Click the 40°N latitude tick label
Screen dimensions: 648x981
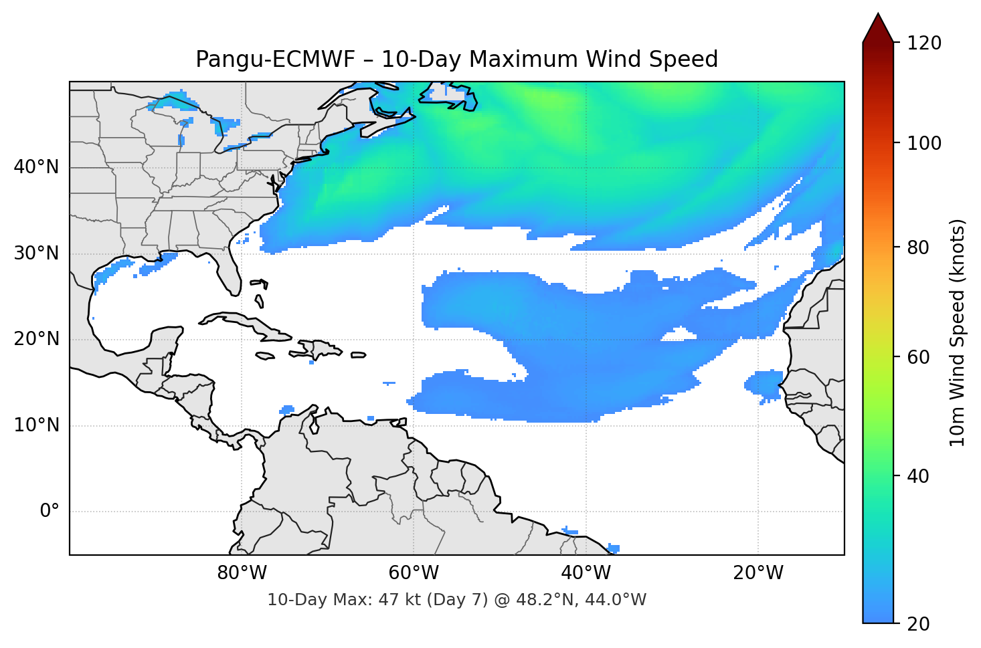point(36,167)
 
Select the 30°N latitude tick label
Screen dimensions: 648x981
point(36,253)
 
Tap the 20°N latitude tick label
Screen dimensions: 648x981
point(36,339)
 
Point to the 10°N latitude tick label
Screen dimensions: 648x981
point(36,425)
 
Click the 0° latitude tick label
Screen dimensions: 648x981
point(50,512)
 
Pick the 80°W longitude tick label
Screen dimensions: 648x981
point(242,573)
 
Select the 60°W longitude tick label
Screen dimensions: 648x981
point(414,573)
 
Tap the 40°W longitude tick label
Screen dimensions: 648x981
point(586,573)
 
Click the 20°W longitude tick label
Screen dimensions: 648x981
point(758,573)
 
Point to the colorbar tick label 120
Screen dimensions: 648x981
point(924,43)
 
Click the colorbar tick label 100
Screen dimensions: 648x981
point(924,143)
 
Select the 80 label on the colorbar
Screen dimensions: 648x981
point(918,247)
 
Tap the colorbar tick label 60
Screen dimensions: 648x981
point(918,357)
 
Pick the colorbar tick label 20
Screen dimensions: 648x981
point(918,624)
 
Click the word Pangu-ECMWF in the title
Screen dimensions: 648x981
point(276,60)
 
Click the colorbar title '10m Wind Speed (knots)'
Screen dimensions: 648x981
point(958,332)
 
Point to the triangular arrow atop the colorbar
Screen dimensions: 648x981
point(878,28)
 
